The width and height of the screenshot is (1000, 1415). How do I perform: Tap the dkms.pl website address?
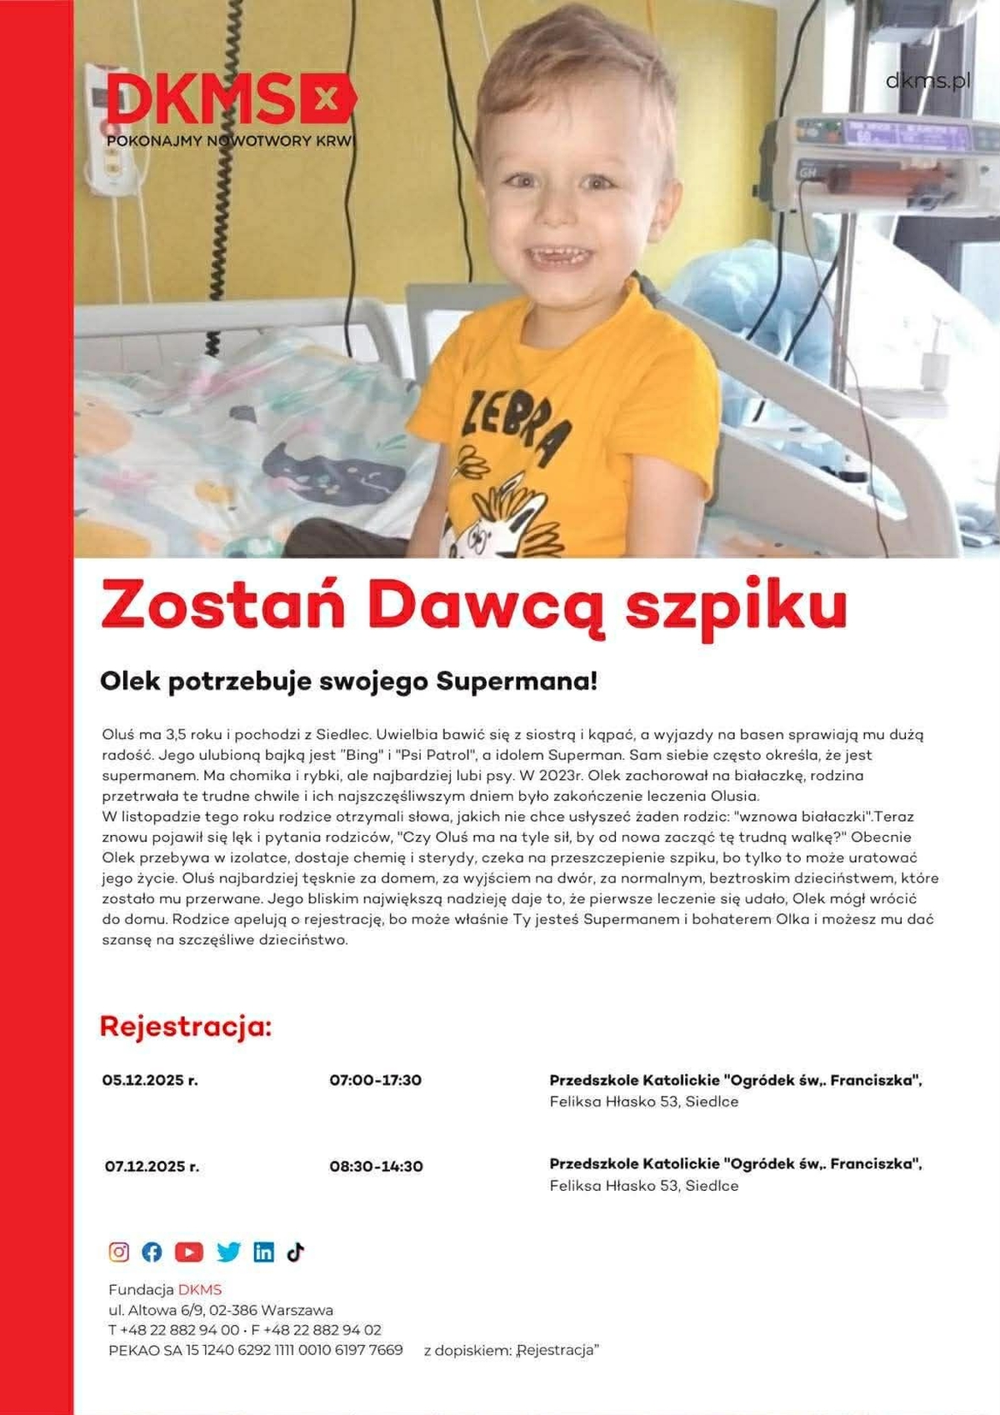coord(927,81)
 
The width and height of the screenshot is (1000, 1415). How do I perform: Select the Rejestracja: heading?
coord(186,1026)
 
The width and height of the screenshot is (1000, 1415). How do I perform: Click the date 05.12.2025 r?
coord(150,1080)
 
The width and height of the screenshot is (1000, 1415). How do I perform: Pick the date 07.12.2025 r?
coord(152,1167)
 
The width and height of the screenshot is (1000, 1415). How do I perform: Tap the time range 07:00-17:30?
coord(375,1080)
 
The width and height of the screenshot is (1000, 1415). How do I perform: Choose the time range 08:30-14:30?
coord(376,1167)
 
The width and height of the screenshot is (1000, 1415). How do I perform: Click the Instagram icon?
coord(119,1252)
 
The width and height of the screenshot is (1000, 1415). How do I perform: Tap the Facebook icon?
coord(152,1252)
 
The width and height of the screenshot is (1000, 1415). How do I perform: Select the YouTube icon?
coord(189,1252)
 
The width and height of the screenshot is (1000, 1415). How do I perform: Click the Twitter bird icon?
coord(227,1252)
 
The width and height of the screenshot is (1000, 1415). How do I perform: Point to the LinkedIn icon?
coord(263,1252)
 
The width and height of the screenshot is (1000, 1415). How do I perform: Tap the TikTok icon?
coord(295,1252)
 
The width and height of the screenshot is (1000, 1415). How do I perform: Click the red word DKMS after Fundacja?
coord(200,1290)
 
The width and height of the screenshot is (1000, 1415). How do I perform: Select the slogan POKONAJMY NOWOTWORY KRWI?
coord(231,141)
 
